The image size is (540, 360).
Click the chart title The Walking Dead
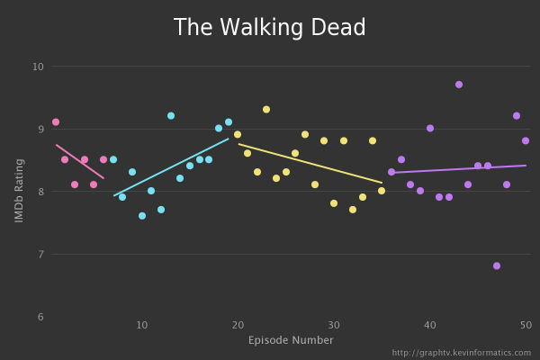(270, 28)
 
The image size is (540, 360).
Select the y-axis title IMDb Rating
(19, 190)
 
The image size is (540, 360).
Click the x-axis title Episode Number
(291, 340)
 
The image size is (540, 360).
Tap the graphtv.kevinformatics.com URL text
(461, 353)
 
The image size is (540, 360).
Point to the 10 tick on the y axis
(38, 67)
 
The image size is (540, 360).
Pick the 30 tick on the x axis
(334, 325)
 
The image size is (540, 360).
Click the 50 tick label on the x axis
(526, 325)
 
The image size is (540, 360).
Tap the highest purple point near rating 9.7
(459, 85)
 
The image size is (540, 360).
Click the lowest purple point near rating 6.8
(497, 266)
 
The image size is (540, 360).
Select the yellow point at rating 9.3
(266, 110)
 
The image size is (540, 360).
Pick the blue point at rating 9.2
(171, 116)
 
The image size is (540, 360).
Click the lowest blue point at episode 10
(142, 216)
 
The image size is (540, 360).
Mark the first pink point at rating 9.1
(56, 122)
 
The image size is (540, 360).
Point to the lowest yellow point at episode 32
(353, 210)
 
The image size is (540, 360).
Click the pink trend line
(79, 161)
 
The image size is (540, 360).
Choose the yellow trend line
(310, 163)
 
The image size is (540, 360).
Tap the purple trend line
(459, 168)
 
